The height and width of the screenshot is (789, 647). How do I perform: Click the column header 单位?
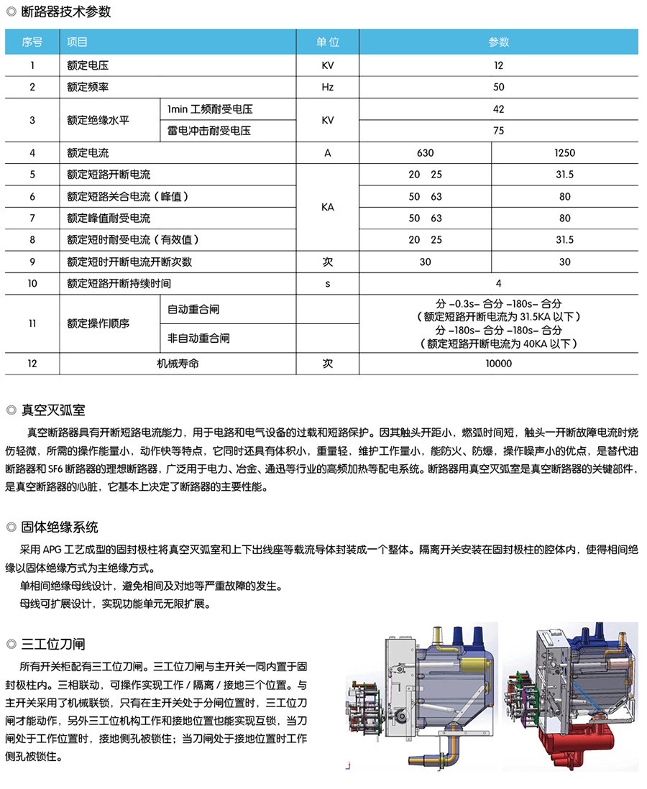point(327,42)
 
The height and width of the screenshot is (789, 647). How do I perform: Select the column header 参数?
point(499,42)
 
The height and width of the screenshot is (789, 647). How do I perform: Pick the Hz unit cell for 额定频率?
point(327,87)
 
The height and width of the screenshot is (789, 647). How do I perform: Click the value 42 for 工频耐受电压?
point(499,109)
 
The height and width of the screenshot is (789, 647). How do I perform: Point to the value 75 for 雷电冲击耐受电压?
point(499,131)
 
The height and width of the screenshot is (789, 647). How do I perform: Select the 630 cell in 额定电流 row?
point(425,153)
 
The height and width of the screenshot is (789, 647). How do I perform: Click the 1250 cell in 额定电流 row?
point(565,153)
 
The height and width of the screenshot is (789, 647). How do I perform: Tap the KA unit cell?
point(327,207)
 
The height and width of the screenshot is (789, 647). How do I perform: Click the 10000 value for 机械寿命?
point(499,364)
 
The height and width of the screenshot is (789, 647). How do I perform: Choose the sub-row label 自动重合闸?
point(193,309)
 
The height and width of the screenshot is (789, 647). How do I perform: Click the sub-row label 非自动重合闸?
point(198,338)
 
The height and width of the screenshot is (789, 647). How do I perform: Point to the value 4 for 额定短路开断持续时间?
point(499,284)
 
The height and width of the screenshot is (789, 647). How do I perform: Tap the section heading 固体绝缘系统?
point(60,527)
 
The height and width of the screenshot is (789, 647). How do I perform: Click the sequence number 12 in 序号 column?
point(32,364)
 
